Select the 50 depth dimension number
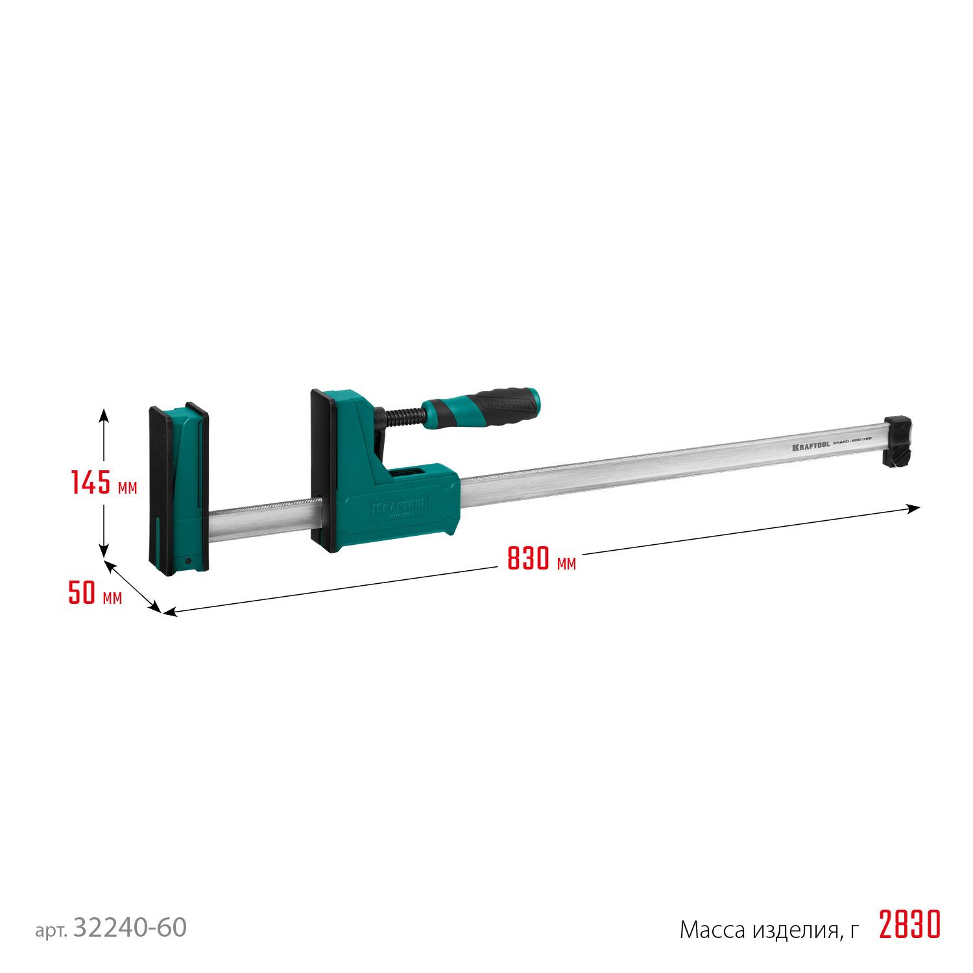(83, 594)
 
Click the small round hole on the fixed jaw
(187, 561)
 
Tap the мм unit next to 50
(112, 597)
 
